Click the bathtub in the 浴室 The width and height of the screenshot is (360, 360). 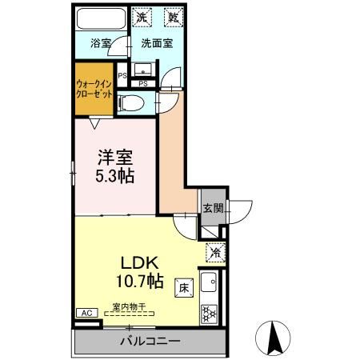(98, 18)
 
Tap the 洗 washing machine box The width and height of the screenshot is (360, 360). (142, 17)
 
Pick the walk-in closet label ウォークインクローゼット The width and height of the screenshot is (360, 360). (94, 88)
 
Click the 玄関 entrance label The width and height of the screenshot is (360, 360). (212, 210)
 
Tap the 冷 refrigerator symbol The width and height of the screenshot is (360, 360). (214, 252)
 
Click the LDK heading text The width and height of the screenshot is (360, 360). (142, 262)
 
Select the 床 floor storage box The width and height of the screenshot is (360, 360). (183, 288)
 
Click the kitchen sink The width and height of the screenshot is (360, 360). (210, 283)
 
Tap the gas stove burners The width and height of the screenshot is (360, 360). (210, 314)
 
